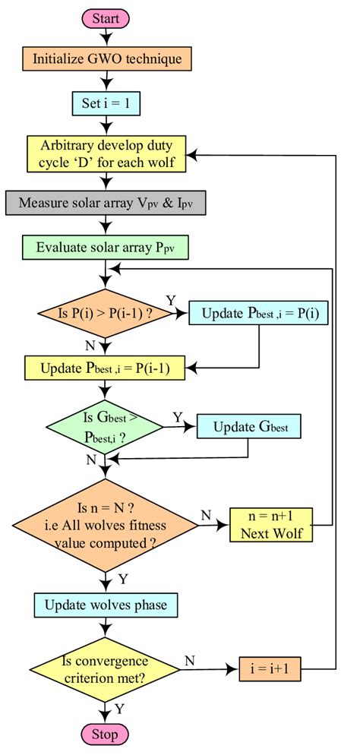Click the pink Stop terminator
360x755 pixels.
[105, 734]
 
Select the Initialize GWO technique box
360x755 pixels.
[106, 58]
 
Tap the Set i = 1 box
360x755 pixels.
[106, 102]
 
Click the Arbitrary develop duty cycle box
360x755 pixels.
[106, 154]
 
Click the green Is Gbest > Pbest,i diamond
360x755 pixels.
[106, 427]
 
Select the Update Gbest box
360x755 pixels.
[249, 427]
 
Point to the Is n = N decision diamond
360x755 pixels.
[106, 523]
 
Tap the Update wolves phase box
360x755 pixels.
[106, 605]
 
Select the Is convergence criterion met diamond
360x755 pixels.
[106, 670]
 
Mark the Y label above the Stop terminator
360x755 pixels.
[120, 709]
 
